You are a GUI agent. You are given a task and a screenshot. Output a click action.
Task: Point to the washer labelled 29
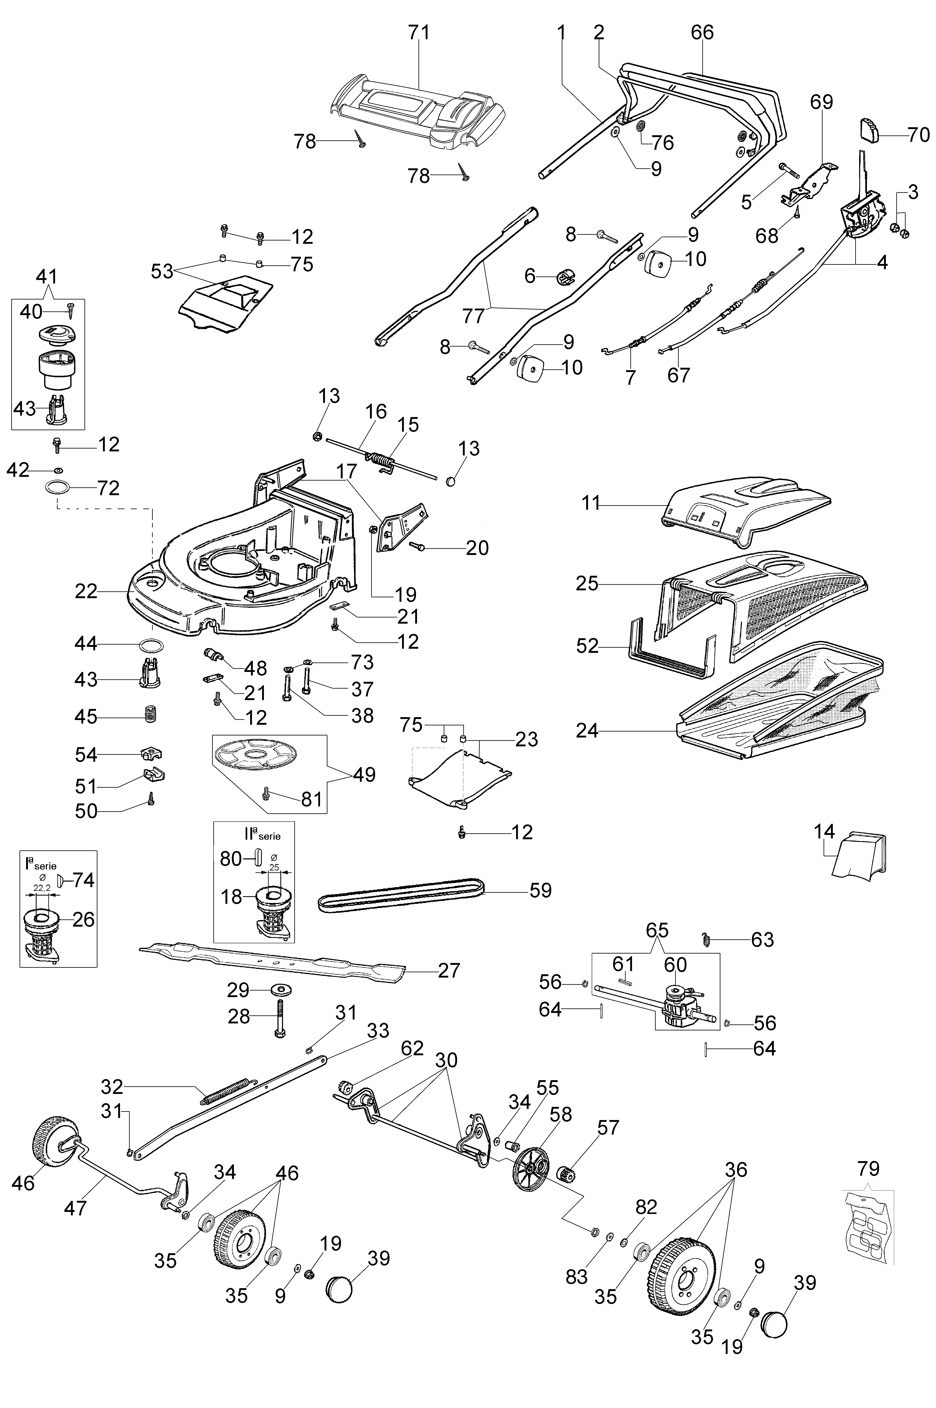click(278, 990)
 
